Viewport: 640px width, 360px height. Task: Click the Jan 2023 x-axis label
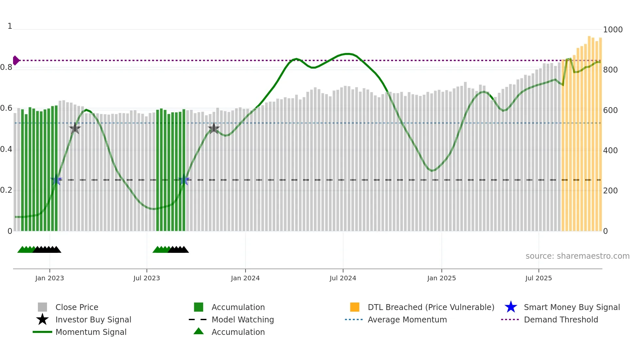click(50, 278)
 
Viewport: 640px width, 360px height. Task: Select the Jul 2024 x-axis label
click(343, 278)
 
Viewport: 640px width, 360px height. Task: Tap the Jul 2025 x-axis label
click(538, 278)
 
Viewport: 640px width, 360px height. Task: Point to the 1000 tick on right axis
click(613, 30)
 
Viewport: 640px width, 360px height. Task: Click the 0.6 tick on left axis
click(7, 108)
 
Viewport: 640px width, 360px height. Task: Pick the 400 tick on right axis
click(610, 151)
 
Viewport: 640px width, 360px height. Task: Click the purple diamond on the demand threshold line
click(16, 60)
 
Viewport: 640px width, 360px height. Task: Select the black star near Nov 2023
click(214, 129)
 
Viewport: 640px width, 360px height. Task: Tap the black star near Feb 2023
click(75, 129)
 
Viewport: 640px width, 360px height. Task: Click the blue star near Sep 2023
click(184, 180)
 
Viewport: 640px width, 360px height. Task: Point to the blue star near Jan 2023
click(56, 180)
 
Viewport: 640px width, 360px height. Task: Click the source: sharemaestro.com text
click(577, 256)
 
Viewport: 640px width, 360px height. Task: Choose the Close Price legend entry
click(77, 307)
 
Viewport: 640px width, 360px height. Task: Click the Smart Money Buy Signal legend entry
click(571, 307)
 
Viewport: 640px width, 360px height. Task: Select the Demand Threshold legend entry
click(561, 319)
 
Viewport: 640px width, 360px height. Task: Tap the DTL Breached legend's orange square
click(354, 307)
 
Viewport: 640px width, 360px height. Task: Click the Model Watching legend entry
click(242, 319)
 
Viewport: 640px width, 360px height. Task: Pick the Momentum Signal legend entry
click(91, 332)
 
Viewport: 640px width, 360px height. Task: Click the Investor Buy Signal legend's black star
click(42, 319)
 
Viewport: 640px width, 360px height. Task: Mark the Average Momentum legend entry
click(407, 319)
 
